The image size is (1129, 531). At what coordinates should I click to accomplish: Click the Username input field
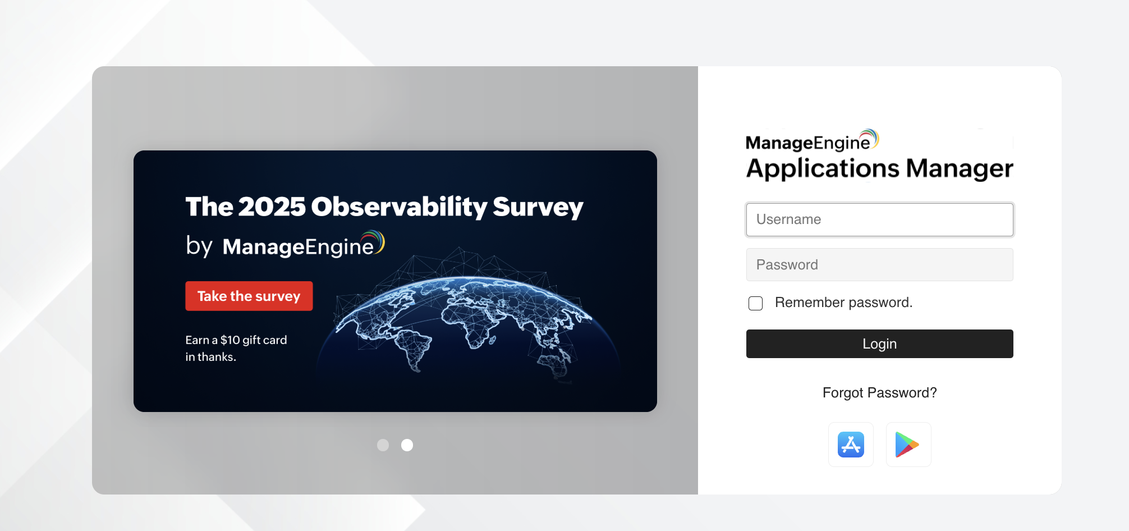(x=879, y=219)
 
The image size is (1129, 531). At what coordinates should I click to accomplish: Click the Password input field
(x=879, y=264)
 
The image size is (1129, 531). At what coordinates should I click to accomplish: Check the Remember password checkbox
(x=755, y=303)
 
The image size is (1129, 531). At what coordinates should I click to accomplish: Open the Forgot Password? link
(x=879, y=392)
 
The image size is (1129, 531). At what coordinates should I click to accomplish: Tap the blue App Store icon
(x=851, y=445)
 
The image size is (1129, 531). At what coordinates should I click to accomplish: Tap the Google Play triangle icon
(x=907, y=445)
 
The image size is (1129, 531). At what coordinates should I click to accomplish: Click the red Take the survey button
(x=249, y=296)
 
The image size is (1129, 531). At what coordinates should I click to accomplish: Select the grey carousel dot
(x=383, y=445)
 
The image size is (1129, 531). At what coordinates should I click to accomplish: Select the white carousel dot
(x=407, y=445)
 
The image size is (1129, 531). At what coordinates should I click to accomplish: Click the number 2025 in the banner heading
(x=272, y=207)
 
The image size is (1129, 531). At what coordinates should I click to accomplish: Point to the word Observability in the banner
(x=399, y=207)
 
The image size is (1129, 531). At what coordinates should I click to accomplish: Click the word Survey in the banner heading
(x=538, y=207)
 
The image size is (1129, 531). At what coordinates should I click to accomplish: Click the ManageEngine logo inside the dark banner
(x=303, y=245)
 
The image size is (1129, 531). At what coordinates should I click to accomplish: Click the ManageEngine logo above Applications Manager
(x=812, y=141)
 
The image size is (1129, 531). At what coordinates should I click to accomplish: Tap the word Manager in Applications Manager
(x=960, y=168)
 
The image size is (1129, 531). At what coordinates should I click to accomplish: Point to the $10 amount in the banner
(x=230, y=340)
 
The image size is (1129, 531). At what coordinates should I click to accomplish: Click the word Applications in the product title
(x=823, y=169)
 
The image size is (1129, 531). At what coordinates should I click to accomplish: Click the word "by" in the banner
(x=199, y=246)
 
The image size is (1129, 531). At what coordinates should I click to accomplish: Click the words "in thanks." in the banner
(x=210, y=356)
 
